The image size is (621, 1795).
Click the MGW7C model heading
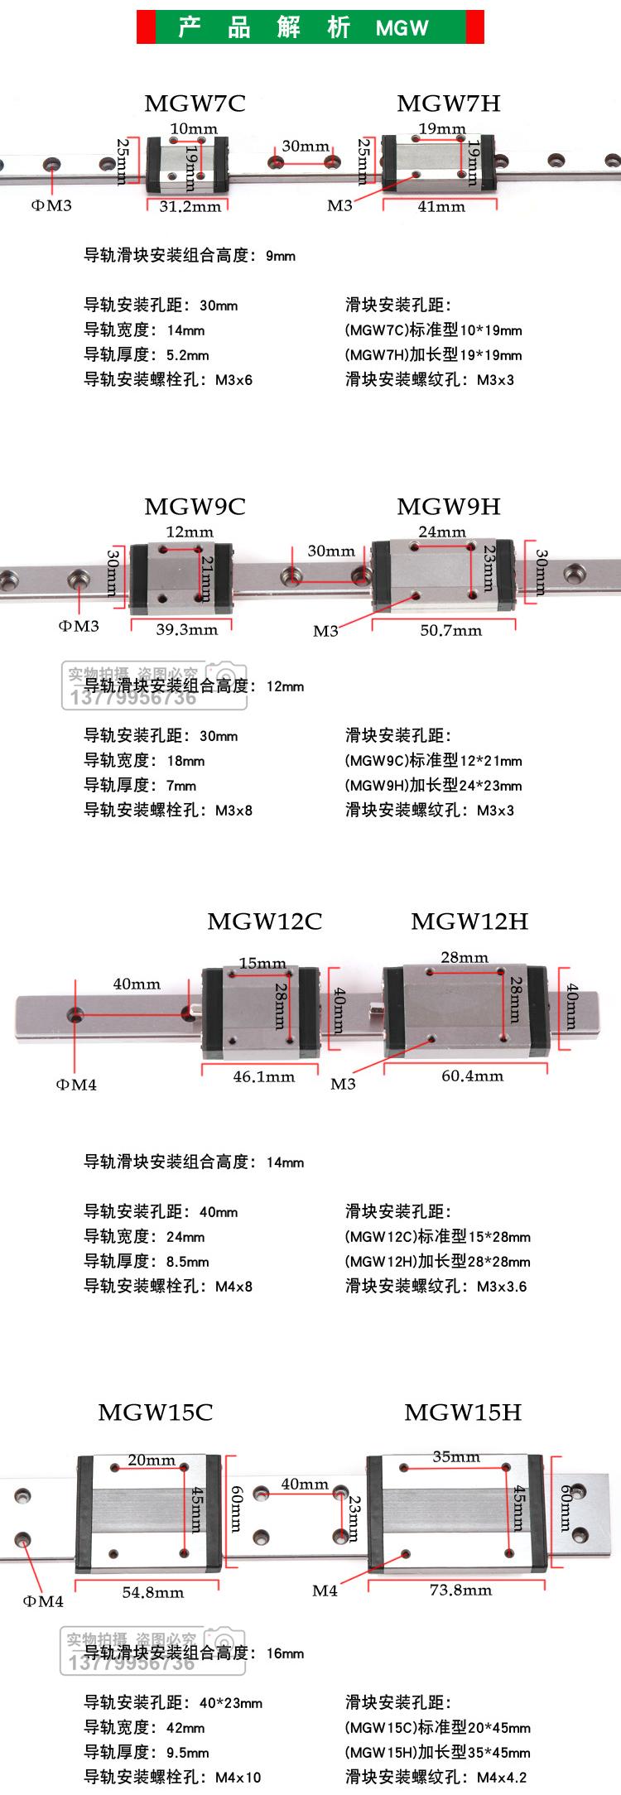point(195,103)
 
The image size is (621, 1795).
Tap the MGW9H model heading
point(448,507)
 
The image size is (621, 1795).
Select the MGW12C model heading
point(264,922)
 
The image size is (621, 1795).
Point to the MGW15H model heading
point(463,1412)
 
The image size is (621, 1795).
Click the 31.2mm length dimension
point(190,206)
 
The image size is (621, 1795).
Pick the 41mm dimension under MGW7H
point(441,206)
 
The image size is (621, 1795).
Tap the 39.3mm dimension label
point(187,629)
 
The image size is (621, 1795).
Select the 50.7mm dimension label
point(450,630)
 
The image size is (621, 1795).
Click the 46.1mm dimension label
point(263,1076)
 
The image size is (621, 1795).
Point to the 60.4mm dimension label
point(472,1076)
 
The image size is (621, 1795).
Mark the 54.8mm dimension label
point(153,1592)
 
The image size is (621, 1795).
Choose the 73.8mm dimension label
point(460,1590)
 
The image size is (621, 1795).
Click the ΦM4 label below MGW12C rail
point(76,1085)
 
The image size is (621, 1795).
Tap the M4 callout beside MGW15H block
point(325,1590)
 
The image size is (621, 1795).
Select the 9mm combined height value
point(281,256)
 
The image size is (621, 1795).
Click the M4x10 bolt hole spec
point(238,1777)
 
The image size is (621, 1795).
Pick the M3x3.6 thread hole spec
point(502,1287)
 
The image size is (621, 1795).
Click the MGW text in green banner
point(402,28)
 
